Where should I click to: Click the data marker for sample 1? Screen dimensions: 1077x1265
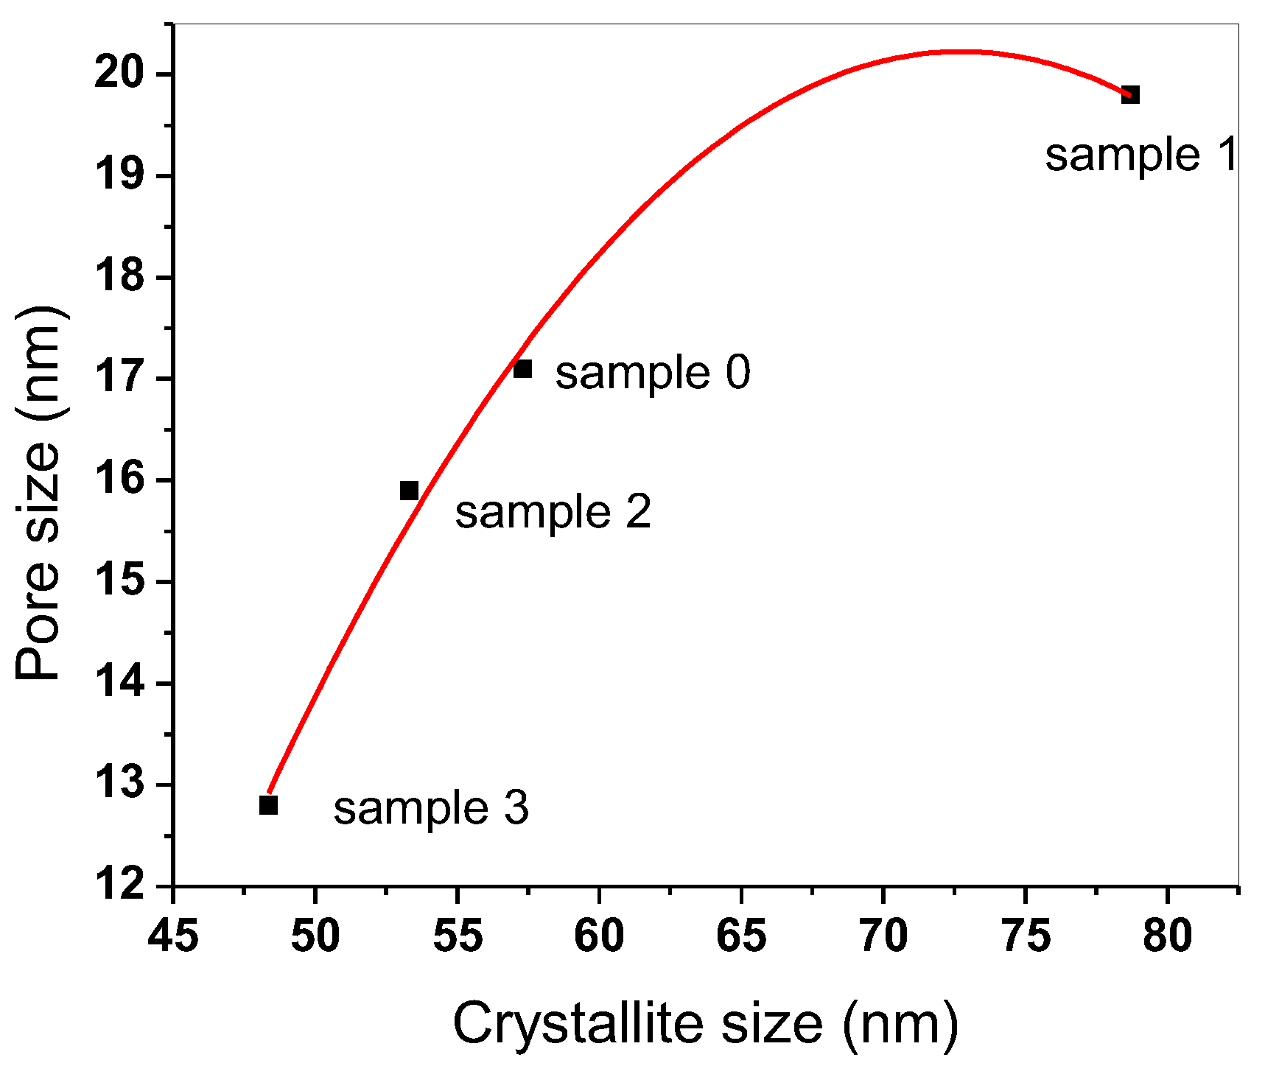(x=1130, y=95)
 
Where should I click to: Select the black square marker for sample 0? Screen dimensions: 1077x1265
(x=522, y=368)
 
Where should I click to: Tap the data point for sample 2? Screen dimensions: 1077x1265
(x=409, y=491)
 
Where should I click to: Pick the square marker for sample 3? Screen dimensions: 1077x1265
(x=268, y=805)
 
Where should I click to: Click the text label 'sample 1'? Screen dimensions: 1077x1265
(x=1141, y=155)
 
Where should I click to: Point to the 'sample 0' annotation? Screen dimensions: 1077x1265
(x=652, y=372)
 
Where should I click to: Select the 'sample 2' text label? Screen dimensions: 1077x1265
(x=553, y=512)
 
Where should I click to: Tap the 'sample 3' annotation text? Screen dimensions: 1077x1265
(x=431, y=808)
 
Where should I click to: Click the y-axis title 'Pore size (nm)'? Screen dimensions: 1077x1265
(x=38, y=494)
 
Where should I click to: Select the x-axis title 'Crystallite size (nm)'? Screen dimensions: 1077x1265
(x=706, y=1023)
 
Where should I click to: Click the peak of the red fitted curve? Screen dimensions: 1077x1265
(x=958, y=52)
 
